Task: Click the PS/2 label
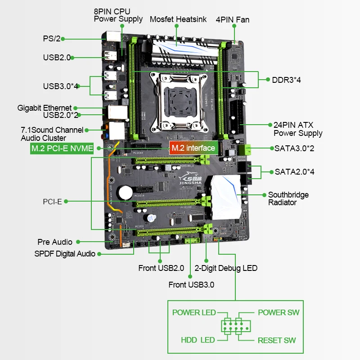coord(51,39)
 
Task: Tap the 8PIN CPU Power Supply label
coord(118,15)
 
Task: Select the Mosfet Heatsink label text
coord(178,19)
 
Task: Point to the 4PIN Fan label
coord(232,19)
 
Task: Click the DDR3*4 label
coord(286,80)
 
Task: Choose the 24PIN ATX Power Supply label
coord(298,129)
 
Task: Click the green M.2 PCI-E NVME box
coord(62,148)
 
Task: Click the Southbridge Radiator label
coord(288,198)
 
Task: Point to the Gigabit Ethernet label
coord(45,108)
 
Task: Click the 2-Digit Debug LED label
coord(226,268)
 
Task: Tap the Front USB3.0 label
coord(191,284)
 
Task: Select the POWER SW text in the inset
coord(278,312)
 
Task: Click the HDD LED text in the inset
coord(198,340)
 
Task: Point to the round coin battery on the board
coord(125,192)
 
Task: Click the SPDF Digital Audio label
coord(65,254)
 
